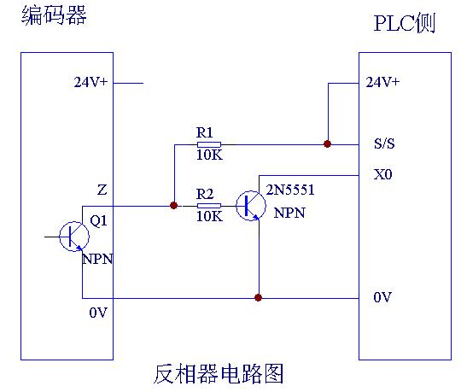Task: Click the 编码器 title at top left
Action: [x=54, y=15]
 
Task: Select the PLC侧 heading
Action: [x=405, y=23]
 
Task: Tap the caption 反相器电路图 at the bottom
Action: [x=219, y=374]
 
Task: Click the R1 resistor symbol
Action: [x=209, y=144]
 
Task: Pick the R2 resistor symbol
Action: [x=209, y=206]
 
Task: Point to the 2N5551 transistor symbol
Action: [x=251, y=206]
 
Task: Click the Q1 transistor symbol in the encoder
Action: [x=74, y=237]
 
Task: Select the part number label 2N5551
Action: [x=290, y=190]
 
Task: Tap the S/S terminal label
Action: [x=384, y=143]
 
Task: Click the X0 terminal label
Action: [x=382, y=174]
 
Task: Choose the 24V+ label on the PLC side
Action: [x=382, y=82]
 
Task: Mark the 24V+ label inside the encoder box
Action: [x=90, y=82]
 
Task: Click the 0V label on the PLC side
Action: [x=382, y=297]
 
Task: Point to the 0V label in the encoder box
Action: [x=98, y=313]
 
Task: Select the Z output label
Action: [x=102, y=190]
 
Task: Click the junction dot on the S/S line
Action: [x=327, y=143]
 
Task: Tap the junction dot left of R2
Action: [x=174, y=205]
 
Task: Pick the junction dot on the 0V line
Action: [x=258, y=297]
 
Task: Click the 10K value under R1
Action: [x=210, y=155]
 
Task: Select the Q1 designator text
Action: [x=98, y=220]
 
